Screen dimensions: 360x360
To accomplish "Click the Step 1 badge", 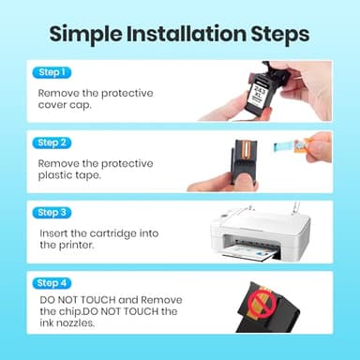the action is click(x=52, y=72).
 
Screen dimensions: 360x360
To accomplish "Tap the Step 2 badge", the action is click(x=52, y=142).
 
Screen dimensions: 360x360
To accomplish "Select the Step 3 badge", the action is click(x=52, y=213).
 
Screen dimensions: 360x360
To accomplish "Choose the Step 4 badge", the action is click(x=52, y=283).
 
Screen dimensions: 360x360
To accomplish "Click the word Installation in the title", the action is click(x=187, y=34).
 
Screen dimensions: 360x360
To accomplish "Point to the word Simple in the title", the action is click(x=85, y=35).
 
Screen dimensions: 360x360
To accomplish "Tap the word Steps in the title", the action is click(x=280, y=35).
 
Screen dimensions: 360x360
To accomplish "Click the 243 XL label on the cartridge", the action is click(x=260, y=91).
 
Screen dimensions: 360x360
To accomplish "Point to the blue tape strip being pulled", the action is click(x=285, y=145).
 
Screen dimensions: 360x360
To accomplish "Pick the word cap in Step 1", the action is click(x=81, y=106).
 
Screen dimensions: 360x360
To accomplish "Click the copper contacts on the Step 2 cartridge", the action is click(x=246, y=149).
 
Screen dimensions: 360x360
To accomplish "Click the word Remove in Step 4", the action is click(x=161, y=300).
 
